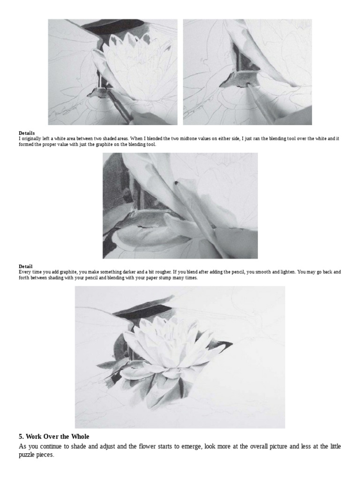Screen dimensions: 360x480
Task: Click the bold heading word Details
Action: (27, 133)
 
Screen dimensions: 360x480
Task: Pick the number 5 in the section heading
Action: (21, 436)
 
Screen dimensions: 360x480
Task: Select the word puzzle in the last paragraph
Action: (27, 455)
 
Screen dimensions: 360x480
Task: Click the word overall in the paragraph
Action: (259, 446)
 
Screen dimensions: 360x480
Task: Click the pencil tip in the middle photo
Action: (177, 184)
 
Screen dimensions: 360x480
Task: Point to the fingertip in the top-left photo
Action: (138, 117)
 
